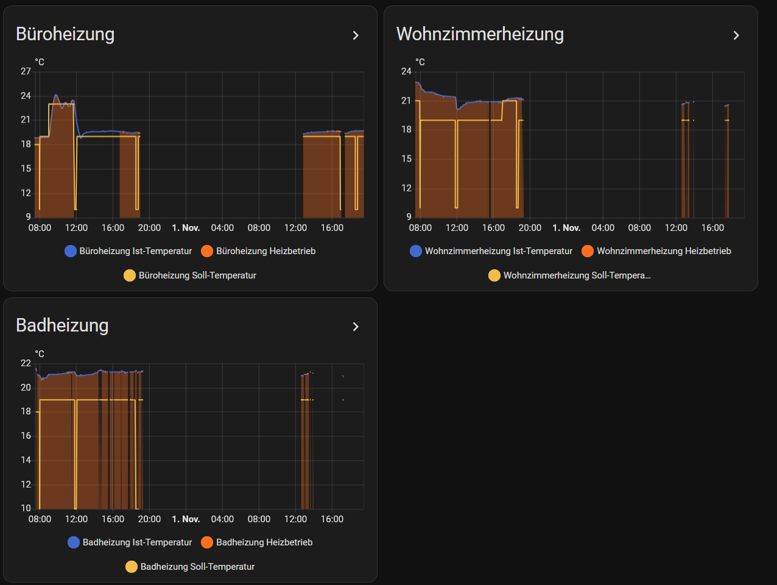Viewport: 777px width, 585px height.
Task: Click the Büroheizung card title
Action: pos(65,34)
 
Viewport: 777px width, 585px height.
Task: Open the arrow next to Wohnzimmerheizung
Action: pos(736,35)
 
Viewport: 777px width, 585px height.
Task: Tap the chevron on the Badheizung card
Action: pos(356,327)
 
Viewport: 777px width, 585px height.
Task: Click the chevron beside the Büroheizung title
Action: pos(356,35)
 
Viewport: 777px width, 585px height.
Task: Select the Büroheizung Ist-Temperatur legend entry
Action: pos(128,251)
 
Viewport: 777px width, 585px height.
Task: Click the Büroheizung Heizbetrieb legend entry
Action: pos(258,251)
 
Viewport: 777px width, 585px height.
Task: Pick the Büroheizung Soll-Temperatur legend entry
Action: pos(190,275)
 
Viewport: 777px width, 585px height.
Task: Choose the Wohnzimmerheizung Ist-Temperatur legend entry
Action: pos(491,251)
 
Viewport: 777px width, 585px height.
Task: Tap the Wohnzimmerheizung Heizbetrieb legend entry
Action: pos(656,251)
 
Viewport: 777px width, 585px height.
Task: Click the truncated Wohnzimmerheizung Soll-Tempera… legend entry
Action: pos(569,275)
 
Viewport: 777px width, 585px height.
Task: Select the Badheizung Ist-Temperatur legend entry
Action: pos(130,542)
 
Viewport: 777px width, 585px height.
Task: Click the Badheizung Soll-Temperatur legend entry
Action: pos(190,567)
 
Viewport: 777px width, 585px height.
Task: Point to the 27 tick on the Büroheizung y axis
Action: pos(26,71)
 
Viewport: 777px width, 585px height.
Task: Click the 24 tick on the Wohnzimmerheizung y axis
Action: pos(406,71)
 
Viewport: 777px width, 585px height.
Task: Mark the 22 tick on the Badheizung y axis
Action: pos(26,363)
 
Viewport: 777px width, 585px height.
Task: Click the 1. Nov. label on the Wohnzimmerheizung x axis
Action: pos(566,228)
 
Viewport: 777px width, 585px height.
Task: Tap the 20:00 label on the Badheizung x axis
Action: pos(149,519)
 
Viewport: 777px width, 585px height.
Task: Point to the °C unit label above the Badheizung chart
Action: pos(40,354)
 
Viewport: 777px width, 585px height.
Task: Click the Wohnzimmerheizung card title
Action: pos(480,34)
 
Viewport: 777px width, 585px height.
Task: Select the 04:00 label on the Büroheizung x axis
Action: pos(222,228)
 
